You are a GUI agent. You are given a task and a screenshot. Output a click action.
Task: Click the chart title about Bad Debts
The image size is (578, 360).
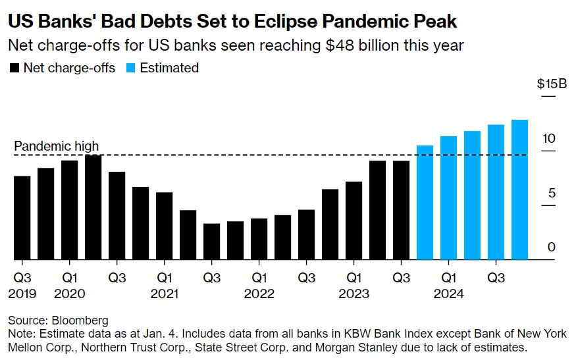pos(232,21)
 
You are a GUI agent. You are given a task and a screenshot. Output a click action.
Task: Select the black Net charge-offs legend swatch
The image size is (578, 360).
pos(14,68)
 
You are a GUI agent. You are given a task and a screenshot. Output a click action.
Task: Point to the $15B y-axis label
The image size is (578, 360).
pos(552,84)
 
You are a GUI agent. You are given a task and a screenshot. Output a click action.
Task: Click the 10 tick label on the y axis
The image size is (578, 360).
pos(549,138)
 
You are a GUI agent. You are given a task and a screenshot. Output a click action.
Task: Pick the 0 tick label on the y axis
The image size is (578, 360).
pos(552,247)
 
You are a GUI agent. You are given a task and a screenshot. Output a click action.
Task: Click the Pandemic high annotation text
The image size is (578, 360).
pos(56,146)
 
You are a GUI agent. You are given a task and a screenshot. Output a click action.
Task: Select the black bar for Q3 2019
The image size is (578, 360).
pos(22,217)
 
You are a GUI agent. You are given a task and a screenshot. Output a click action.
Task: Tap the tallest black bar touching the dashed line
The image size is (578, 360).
pos(93,207)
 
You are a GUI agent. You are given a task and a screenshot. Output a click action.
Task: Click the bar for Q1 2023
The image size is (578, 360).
pos(354,220)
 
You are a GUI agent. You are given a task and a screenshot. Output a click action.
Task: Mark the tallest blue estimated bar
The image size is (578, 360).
pos(519,190)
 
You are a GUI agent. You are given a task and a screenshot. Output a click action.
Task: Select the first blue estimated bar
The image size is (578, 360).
pos(425,202)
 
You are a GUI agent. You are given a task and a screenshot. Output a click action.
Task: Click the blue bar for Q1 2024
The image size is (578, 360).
pos(448,197)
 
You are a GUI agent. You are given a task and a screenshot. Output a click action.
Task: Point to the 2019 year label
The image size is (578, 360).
pos(22,294)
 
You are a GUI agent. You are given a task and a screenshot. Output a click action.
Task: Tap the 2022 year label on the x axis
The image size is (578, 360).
pos(259,294)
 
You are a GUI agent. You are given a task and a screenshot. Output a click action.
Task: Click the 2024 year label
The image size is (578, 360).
pos(448,294)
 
